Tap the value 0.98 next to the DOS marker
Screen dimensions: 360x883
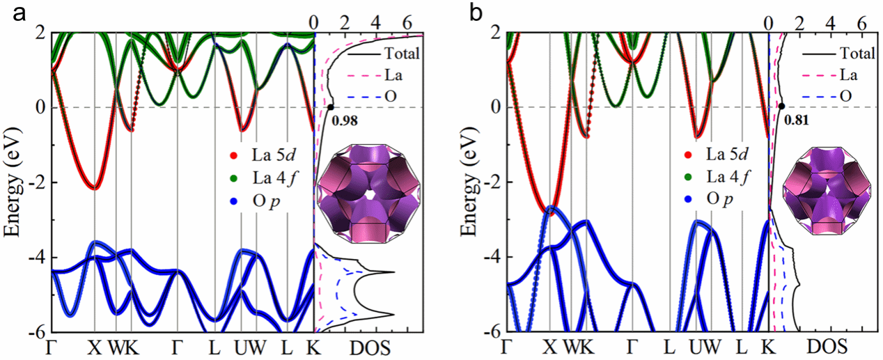(345, 121)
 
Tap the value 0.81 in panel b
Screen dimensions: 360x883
(796, 120)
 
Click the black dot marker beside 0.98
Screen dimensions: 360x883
(330, 107)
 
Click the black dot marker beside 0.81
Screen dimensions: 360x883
(781, 106)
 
